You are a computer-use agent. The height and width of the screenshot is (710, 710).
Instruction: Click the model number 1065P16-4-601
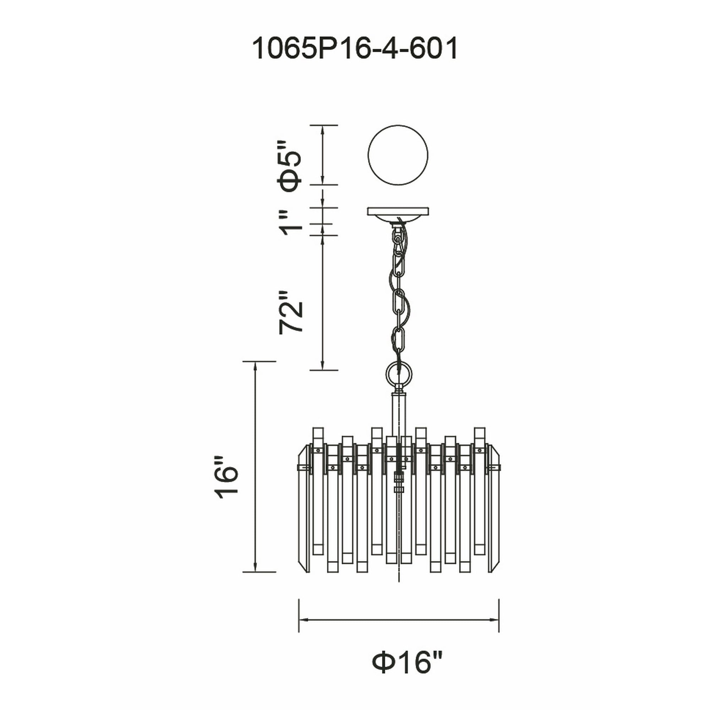tap(355, 49)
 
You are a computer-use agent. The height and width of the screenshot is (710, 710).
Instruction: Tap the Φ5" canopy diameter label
tap(291, 166)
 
